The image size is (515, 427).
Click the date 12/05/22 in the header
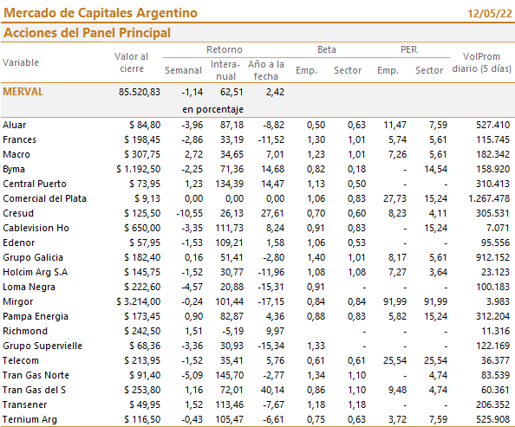coord(490,14)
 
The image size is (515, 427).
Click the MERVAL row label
coord(23,92)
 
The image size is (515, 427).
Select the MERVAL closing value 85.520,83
coord(140,92)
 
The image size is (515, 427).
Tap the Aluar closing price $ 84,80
coord(145,125)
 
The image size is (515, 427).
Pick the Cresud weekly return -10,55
coord(190,213)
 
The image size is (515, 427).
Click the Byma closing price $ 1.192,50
coord(139,169)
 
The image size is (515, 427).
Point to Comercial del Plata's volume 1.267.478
coord(489,198)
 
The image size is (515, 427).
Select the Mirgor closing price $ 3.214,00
coord(139,301)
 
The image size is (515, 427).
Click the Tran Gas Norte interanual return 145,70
coord(229,375)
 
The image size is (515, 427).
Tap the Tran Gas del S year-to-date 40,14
coord(272,390)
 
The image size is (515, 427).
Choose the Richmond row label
coord(25,331)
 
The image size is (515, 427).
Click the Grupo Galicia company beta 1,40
coord(316,257)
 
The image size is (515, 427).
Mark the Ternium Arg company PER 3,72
coord(397,419)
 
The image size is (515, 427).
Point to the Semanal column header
coord(183,70)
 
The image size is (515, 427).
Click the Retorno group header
coord(225,49)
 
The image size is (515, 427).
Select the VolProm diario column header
coord(481,62)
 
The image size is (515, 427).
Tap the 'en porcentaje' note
coord(212,109)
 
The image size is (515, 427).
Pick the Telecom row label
coord(21,360)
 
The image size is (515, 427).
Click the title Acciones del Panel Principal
coord(87,33)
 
